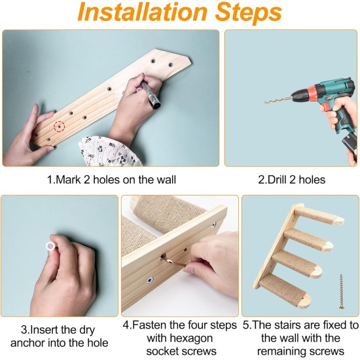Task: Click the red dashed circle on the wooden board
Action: (59, 126)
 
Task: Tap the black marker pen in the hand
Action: (151, 95)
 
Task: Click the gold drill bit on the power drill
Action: (278, 100)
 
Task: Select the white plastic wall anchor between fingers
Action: (50, 247)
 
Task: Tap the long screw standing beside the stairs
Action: (342, 291)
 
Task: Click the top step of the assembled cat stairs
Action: (319, 215)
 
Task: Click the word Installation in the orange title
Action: (142, 12)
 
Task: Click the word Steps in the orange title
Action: (249, 13)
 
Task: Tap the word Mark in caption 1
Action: (68, 179)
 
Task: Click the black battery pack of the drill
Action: (350, 144)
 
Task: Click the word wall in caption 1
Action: (166, 179)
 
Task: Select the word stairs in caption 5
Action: (293, 325)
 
